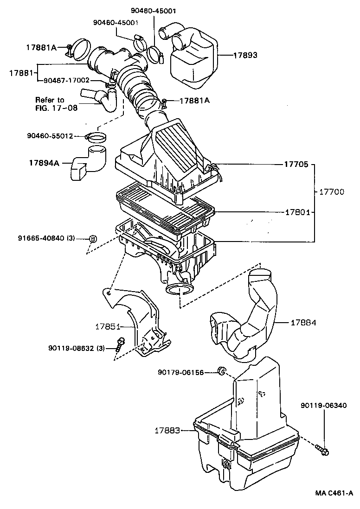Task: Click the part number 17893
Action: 245,55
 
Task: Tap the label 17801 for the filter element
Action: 297,212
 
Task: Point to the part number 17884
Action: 304,322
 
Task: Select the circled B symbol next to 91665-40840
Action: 93,239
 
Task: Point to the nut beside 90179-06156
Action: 222,370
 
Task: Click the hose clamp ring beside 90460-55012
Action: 97,137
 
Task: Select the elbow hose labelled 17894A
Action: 88,162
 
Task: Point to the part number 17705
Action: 297,164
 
